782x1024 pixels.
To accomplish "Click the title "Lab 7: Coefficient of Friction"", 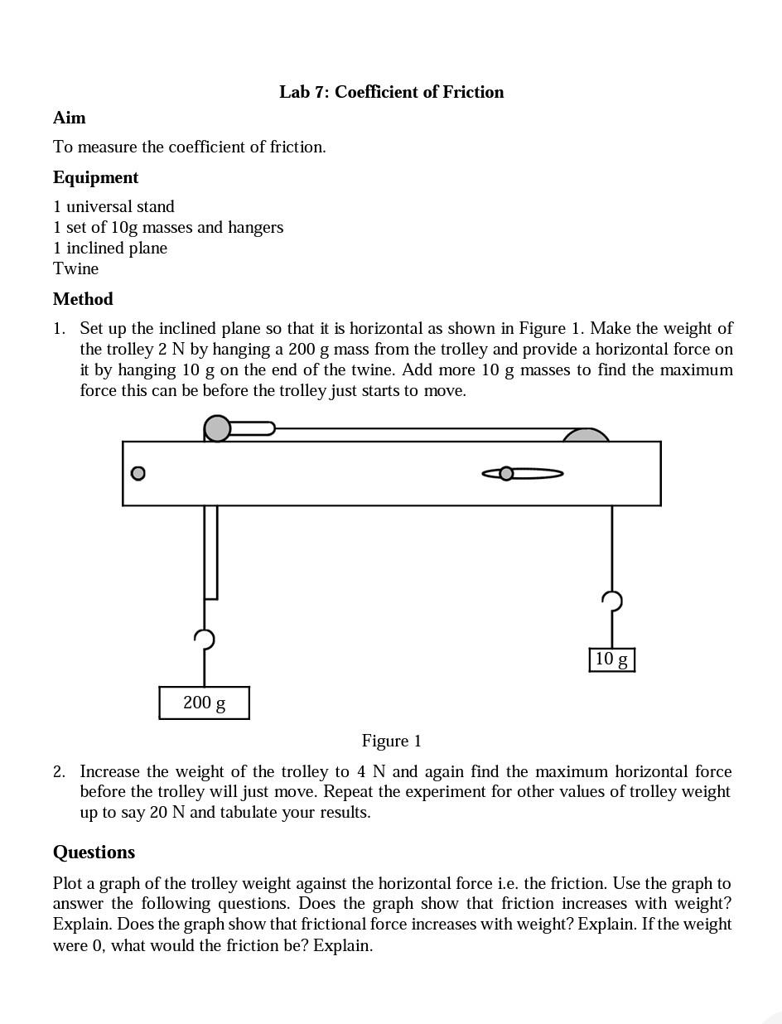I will tap(391, 92).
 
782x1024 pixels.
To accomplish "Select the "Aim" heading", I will tap(69, 118).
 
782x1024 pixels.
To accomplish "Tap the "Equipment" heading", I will tap(95, 177).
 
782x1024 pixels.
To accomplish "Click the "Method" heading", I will tap(83, 299).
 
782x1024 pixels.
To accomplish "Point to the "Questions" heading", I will tap(94, 853).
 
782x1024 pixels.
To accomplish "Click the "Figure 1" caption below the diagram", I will tap(391, 741).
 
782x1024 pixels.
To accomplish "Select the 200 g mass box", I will tap(204, 703).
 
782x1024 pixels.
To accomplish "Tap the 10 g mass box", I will tap(611, 659).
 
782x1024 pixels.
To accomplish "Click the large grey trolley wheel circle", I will tap(217, 428).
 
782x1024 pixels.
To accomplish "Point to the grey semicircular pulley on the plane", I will tap(586, 435).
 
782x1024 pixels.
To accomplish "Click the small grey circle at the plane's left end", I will tap(138, 473).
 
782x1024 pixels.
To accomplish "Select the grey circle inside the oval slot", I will tap(506, 473).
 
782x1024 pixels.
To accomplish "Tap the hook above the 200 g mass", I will tap(205, 639).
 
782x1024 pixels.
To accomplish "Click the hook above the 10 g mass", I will tap(612, 601).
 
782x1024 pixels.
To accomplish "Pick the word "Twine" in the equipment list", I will tap(75, 268).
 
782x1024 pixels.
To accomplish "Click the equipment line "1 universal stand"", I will tap(113, 206).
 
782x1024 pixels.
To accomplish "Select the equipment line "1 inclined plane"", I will tap(110, 248).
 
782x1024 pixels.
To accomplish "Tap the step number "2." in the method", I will tap(59, 771).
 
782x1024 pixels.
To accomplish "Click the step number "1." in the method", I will tap(59, 329).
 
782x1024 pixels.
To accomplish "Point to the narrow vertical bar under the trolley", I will tap(210, 552).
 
